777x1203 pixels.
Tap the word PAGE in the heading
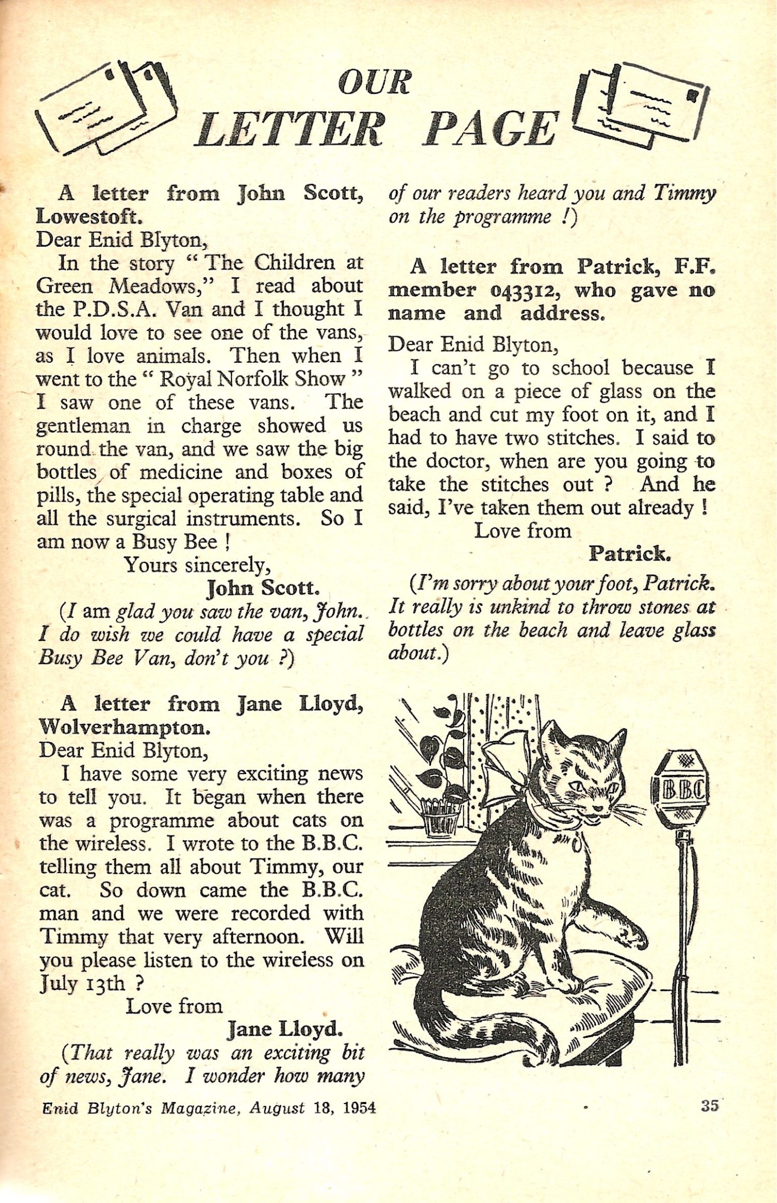[x=490, y=128]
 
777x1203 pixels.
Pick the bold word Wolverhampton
[x=124, y=727]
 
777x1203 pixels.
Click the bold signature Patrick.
[x=629, y=554]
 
